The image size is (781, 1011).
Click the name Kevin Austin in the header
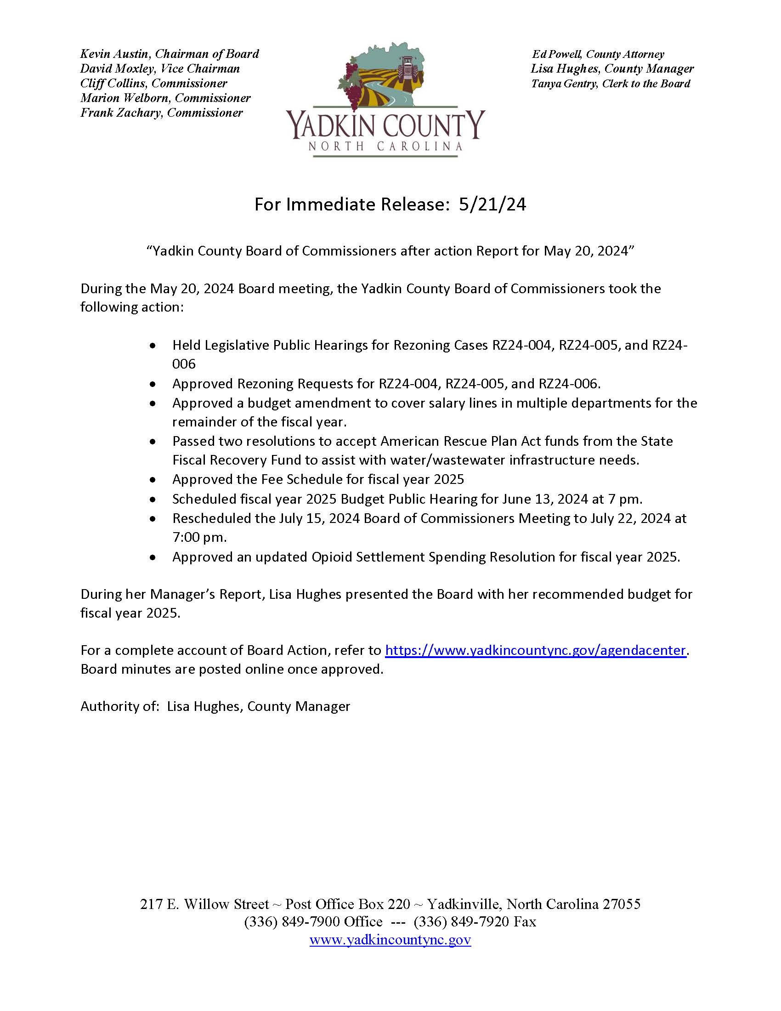[114, 54]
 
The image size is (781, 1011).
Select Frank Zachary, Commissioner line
[161, 113]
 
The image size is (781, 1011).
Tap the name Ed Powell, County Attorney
[598, 54]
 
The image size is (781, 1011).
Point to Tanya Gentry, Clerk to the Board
[610, 84]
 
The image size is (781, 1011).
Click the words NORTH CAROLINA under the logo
[385, 147]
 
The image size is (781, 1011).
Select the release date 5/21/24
[492, 204]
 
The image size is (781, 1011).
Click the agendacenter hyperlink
[535, 650]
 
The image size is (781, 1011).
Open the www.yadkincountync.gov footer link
[390, 940]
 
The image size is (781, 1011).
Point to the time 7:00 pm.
[199, 538]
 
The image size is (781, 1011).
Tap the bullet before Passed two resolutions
[153, 442]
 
